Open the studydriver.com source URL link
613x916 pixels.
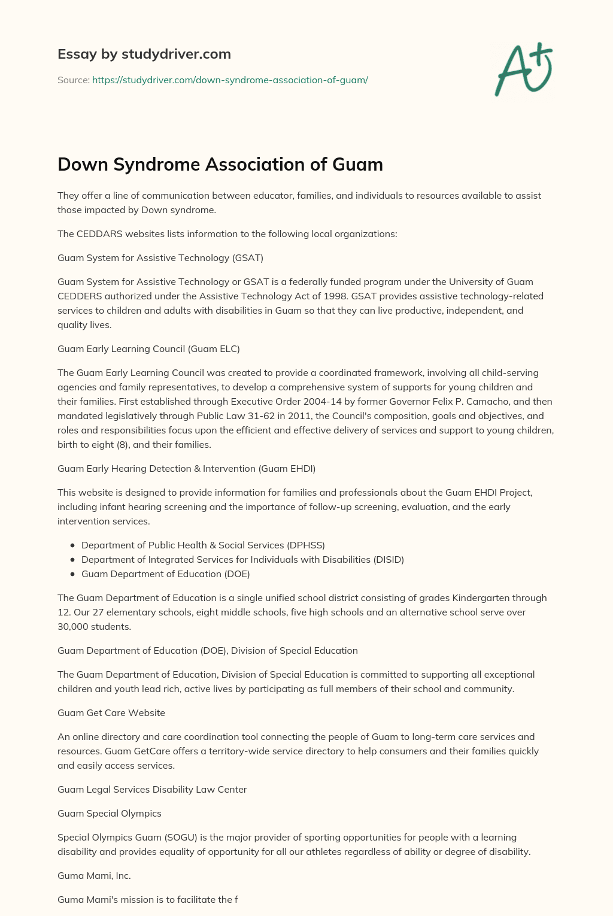(x=230, y=80)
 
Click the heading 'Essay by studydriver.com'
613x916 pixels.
(x=144, y=54)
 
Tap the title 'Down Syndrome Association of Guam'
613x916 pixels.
(x=220, y=164)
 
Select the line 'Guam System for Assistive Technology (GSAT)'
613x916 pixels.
(x=160, y=257)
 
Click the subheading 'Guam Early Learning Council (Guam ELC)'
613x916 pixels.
(x=148, y=348)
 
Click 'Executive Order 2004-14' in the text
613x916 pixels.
(x=266, y=401)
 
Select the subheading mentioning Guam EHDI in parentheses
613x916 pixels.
(x=186, y=468)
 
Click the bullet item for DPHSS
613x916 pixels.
(x=203, y=545)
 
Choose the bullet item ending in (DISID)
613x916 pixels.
(x=242, y=559)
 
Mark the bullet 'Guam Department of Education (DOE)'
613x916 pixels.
(x=165, y=574)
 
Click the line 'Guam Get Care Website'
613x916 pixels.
(x=111, y=712)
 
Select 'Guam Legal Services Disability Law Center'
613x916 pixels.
(x=152, y=789)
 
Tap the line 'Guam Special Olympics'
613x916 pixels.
(x=110, y=813)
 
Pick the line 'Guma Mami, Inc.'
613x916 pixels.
(x=94, y=875)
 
